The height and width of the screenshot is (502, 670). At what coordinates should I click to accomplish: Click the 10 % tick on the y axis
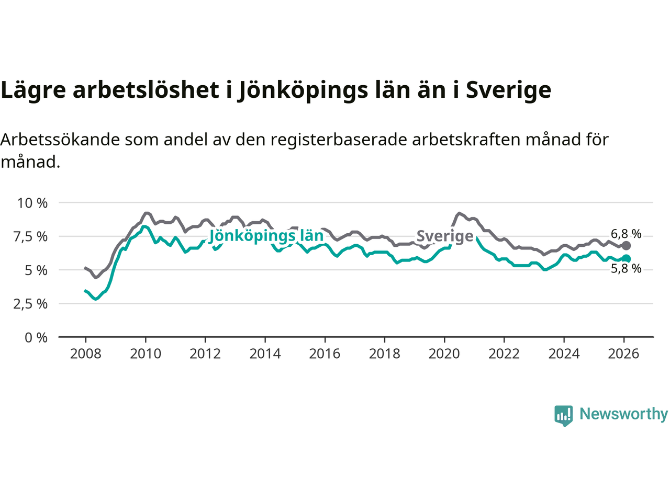pyautogui.click(x=32, y=203)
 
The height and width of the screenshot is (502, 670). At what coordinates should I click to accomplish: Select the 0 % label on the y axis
pyautogui.click(x=36, y=338)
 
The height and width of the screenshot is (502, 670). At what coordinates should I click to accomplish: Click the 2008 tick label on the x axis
pyautogui.click(x=85, y=354)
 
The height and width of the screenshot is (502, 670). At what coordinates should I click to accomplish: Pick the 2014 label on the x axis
pyautogui.click(x=265, y=354)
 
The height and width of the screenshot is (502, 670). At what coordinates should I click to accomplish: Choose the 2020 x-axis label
pyautogui.click(x=444, y=354)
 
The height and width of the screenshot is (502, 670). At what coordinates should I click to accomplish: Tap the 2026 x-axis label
pyautogui.click(x=623, y=354)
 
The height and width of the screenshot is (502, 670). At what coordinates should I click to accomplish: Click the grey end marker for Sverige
pyautogui.click(x=626, y=245)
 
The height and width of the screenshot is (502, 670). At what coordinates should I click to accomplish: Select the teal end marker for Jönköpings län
pyautogui.click(x=626, y=259)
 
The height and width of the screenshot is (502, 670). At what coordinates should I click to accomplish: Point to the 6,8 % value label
pyautogui.click(x=626, y=234)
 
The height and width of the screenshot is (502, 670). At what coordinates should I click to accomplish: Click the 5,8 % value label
pyautogui.click(x=626, y=269)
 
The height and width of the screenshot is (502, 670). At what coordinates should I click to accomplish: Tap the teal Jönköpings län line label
pyautogui.click(x=266, y=236)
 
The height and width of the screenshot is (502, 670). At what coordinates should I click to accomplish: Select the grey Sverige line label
pyautogui.click(x=445, y=236)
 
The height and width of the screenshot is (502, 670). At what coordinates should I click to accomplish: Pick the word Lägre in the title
pyautogui.click(x=33, y=90)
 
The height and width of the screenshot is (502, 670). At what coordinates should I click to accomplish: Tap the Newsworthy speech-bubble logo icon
pyautogui.click(x=564, y=416)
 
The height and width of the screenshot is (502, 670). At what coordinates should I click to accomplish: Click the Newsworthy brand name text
pyautogui.click(x=623, y=414)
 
